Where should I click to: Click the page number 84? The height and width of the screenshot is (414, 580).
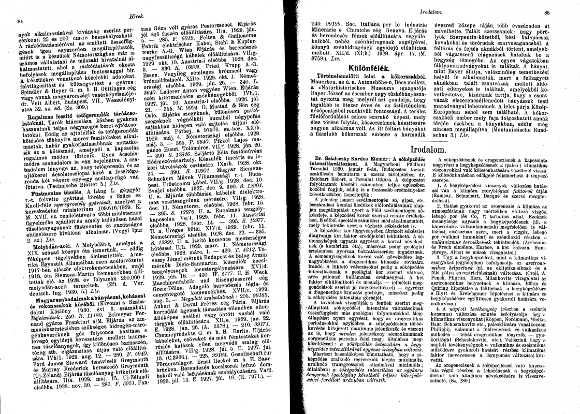coord(21,22)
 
